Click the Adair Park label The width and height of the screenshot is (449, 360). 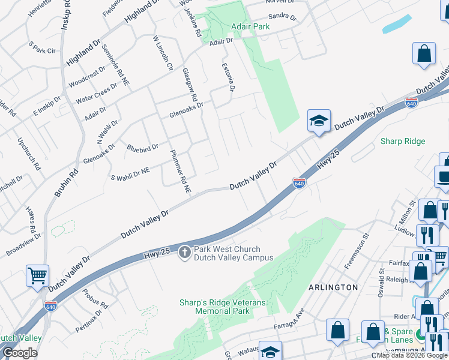(250, 26)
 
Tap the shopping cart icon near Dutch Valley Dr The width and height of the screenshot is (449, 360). (37, 276)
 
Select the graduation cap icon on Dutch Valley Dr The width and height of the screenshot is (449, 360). (319, 121)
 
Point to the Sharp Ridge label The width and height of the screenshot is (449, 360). (403, 142)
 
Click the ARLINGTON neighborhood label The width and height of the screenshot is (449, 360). (333, 287)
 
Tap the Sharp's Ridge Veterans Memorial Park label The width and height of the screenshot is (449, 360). (222, 307)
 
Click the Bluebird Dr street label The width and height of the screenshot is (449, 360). (142, 146)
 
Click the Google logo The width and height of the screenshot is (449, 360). (20, 353)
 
